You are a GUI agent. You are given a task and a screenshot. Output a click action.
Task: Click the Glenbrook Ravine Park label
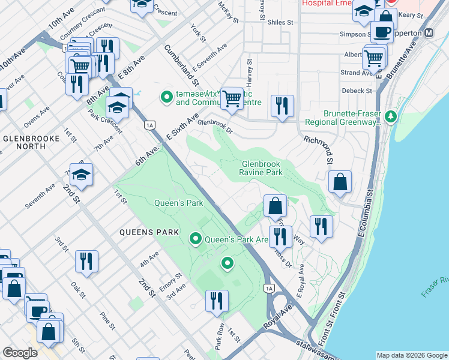[x=262, y=168]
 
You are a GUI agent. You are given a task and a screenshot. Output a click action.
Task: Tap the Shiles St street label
[x=280, y=22]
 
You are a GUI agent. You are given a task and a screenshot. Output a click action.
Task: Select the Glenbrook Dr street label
[x=214, y=122]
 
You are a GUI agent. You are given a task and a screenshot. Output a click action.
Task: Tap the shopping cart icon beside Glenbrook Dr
[x=232, y=98]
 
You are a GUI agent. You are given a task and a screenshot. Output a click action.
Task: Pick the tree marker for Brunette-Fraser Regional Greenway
[x=391, y=115]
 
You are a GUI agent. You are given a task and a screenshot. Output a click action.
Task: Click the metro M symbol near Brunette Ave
[x=429, y=34]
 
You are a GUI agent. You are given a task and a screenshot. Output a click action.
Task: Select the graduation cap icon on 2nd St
[x=81, y=175]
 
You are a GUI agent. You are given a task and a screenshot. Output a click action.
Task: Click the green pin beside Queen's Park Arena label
[x=195, y=239]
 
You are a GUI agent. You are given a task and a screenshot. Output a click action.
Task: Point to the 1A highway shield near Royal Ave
[x=269, y=289]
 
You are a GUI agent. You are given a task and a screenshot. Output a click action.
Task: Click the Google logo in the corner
[x=20, y=353]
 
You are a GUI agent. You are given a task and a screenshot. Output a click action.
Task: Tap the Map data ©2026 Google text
[x=412, y=355]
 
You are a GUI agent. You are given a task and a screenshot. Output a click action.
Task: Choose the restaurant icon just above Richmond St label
[x=282, y=106]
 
